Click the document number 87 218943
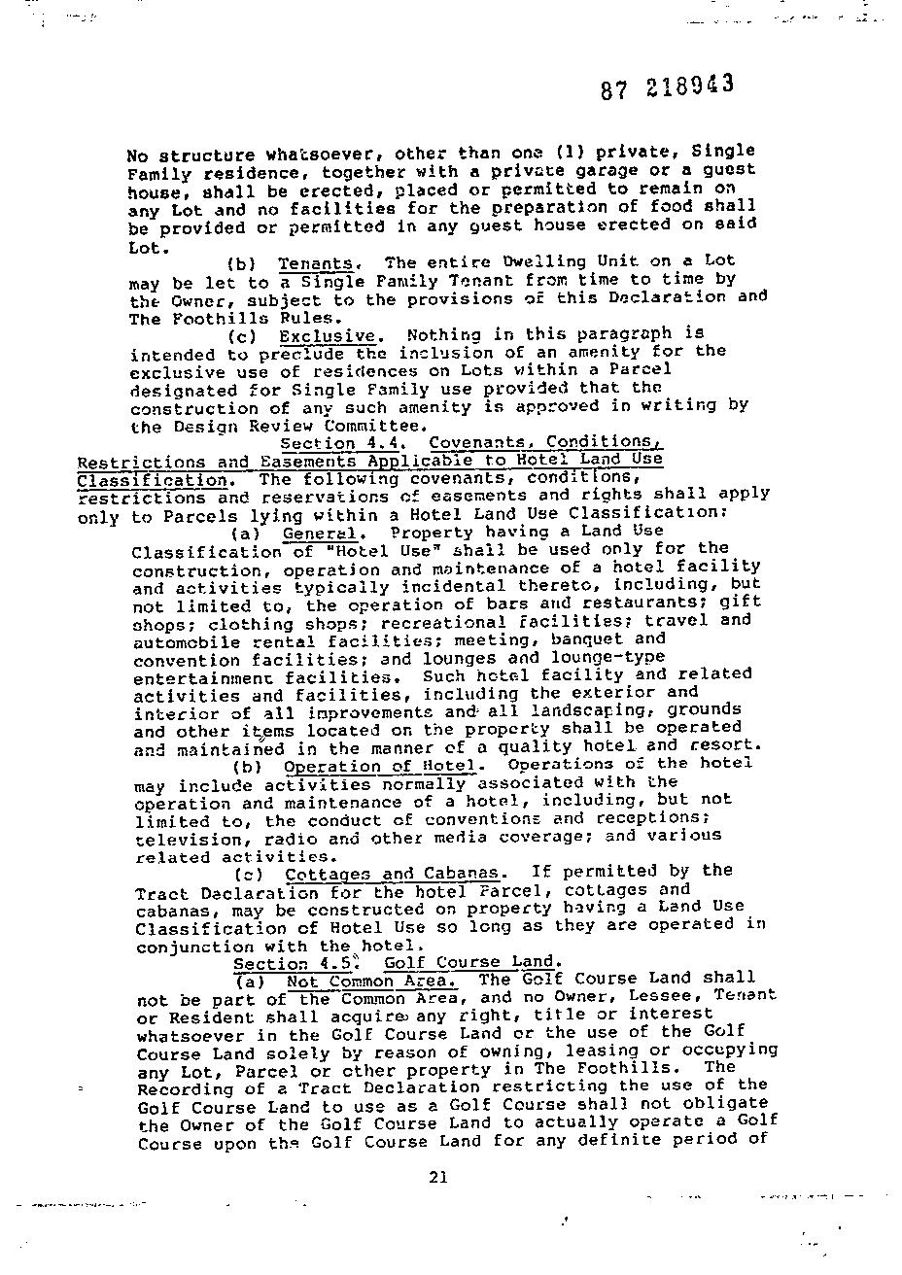point(666,87)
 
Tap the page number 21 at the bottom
point(437,1177)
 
